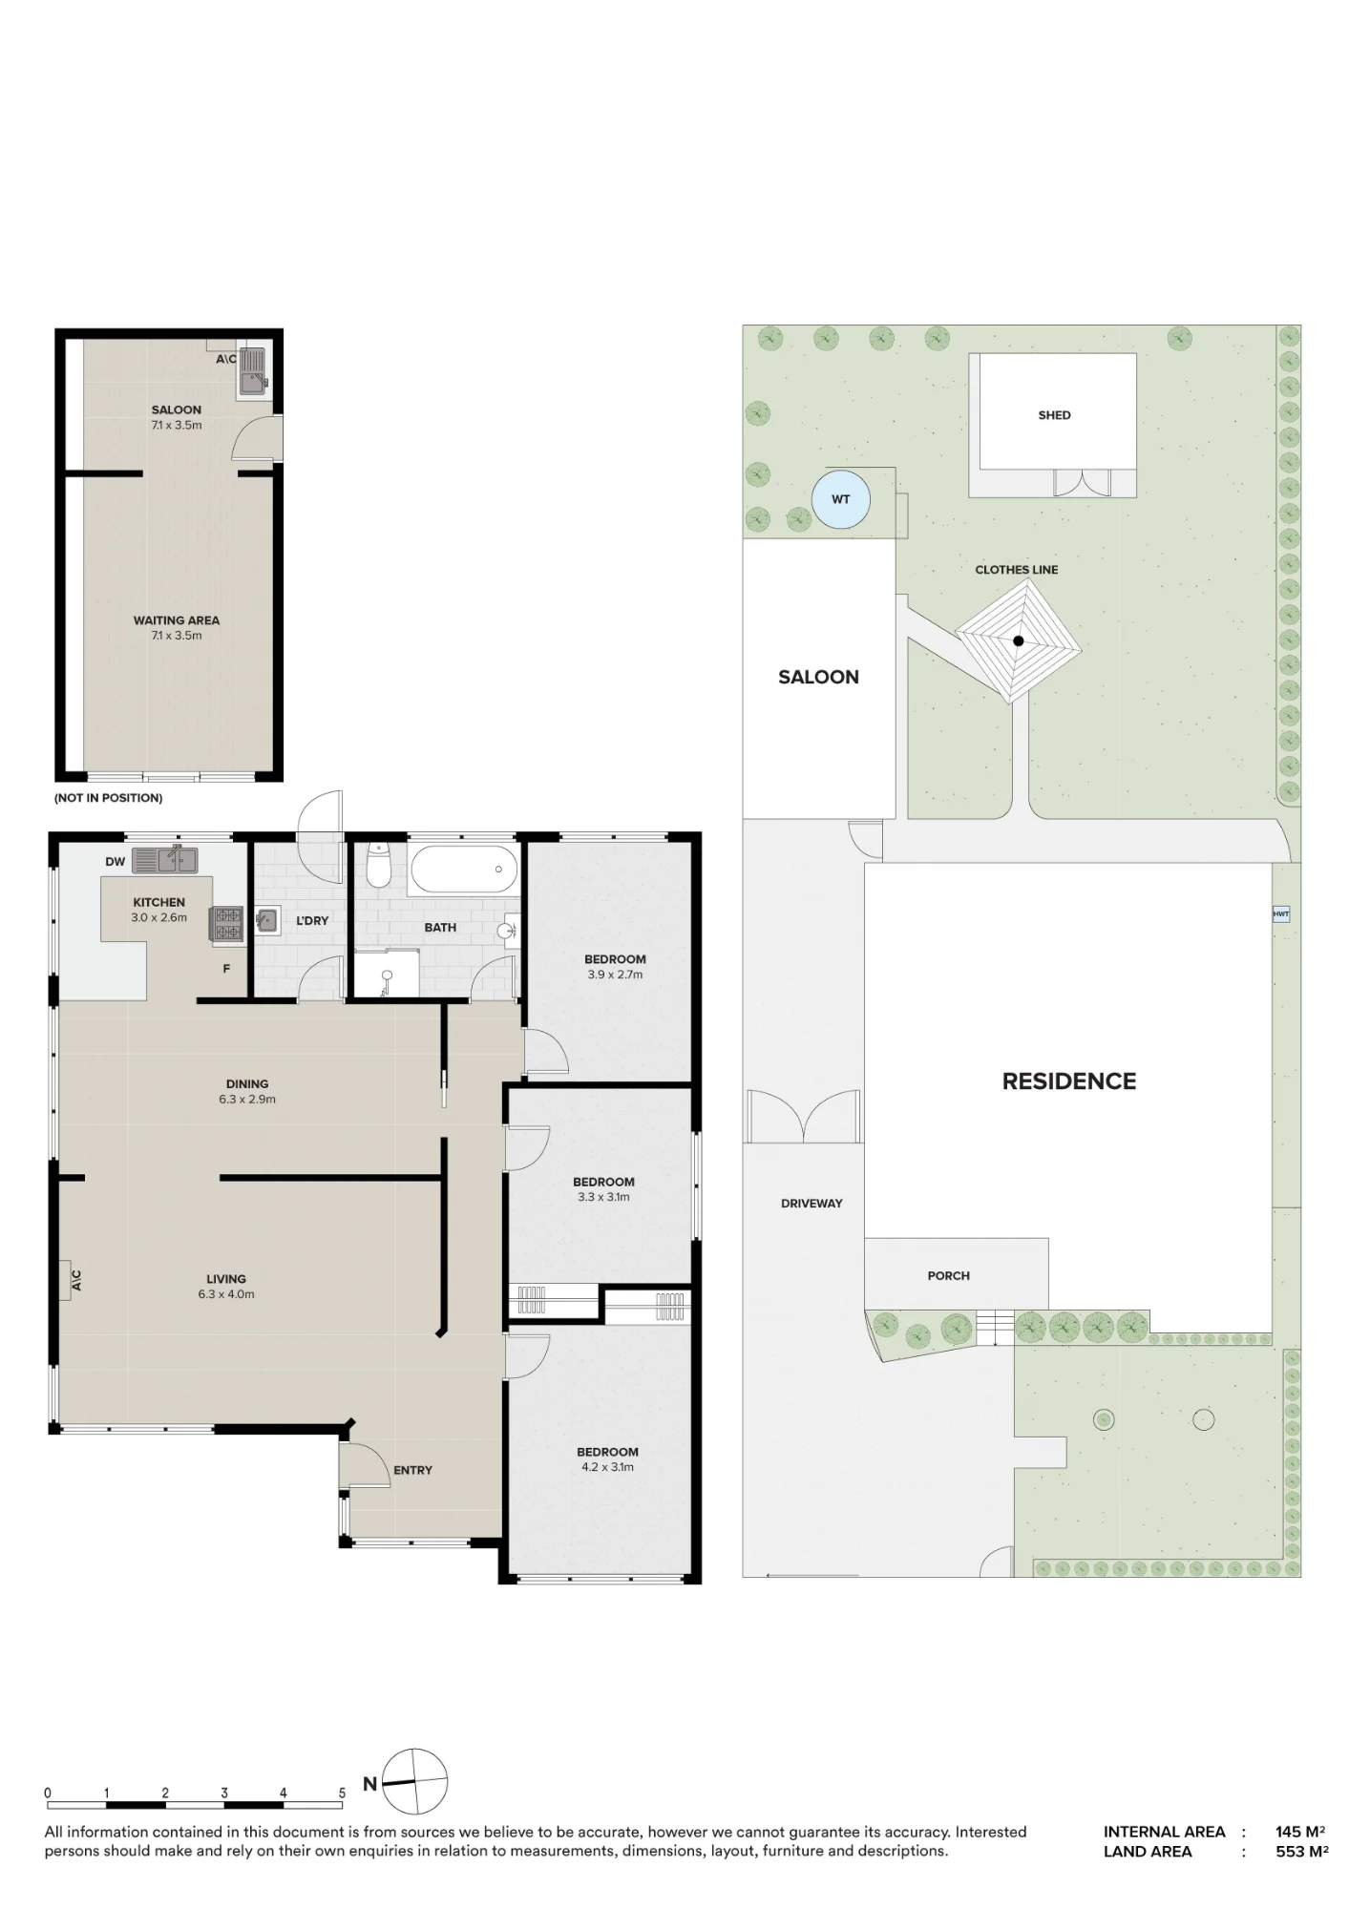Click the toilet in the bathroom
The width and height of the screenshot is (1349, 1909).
tap(379, 864)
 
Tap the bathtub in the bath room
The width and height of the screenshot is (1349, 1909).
tap(464, 870)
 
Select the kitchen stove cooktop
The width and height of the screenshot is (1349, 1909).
tap(227, 923)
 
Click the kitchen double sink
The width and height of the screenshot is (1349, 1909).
tap(164, 860)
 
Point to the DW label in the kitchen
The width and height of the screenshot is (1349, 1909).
tap(116, 862)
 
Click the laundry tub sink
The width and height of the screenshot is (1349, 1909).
tap(266, 920)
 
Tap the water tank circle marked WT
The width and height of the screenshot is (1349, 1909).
tap(841, 499)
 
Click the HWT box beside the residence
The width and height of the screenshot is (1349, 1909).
tap(1281, 914)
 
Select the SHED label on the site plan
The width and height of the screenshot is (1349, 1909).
tap(1054, 415)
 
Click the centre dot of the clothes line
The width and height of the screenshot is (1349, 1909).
tap(1019, 641)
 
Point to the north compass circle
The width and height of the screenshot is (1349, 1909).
tap(415, 1781)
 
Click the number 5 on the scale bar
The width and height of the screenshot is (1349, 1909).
tap(342, 1794)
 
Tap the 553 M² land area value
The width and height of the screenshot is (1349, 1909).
tap(1302, 1852)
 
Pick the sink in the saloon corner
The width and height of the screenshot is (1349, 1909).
tap(254, 370)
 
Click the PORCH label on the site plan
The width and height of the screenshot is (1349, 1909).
tap(948, 1275)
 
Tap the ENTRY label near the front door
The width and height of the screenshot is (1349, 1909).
tap(412, 1470)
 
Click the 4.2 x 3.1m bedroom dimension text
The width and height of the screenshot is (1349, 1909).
tap(607, 1467)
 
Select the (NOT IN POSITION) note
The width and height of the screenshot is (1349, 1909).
tap(108, 798)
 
